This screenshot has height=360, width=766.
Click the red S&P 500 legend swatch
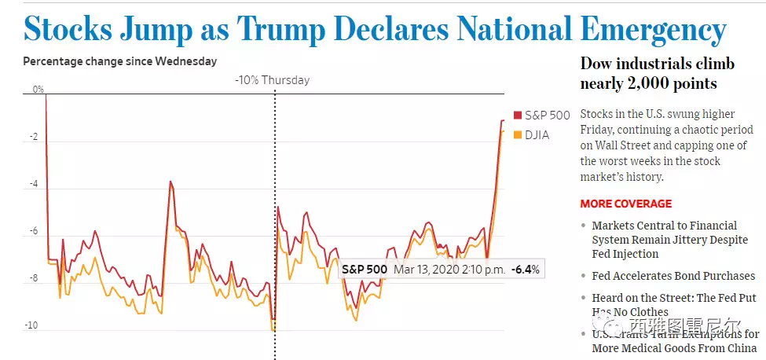(x=517, y=116)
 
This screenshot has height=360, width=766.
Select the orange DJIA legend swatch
(x=517, y=135)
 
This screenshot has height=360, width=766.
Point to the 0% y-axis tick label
(x=38, y=90)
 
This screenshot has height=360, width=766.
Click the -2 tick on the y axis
(x=33, y=137)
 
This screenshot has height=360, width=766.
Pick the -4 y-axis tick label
(x=33, y=184)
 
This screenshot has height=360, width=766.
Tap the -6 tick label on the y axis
(x=33, y=231)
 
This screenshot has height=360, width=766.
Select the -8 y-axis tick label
(x=33, y=278)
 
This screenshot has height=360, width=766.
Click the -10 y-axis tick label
(x=31, y=325)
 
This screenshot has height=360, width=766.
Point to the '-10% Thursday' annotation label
(x=273, y=80)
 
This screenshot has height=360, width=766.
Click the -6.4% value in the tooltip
(x=525, y=270)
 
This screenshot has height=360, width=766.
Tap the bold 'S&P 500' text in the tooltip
(x=364, y=270)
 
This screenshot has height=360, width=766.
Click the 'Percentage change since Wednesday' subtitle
(x=120, y=61)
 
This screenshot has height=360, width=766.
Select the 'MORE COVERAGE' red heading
(x=625, y=204)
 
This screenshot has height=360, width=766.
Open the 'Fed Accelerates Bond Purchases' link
(x=673, y=276)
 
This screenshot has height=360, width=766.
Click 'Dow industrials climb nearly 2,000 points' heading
(x=647, y=73)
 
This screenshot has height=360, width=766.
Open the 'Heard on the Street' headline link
(x=673, y=305)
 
